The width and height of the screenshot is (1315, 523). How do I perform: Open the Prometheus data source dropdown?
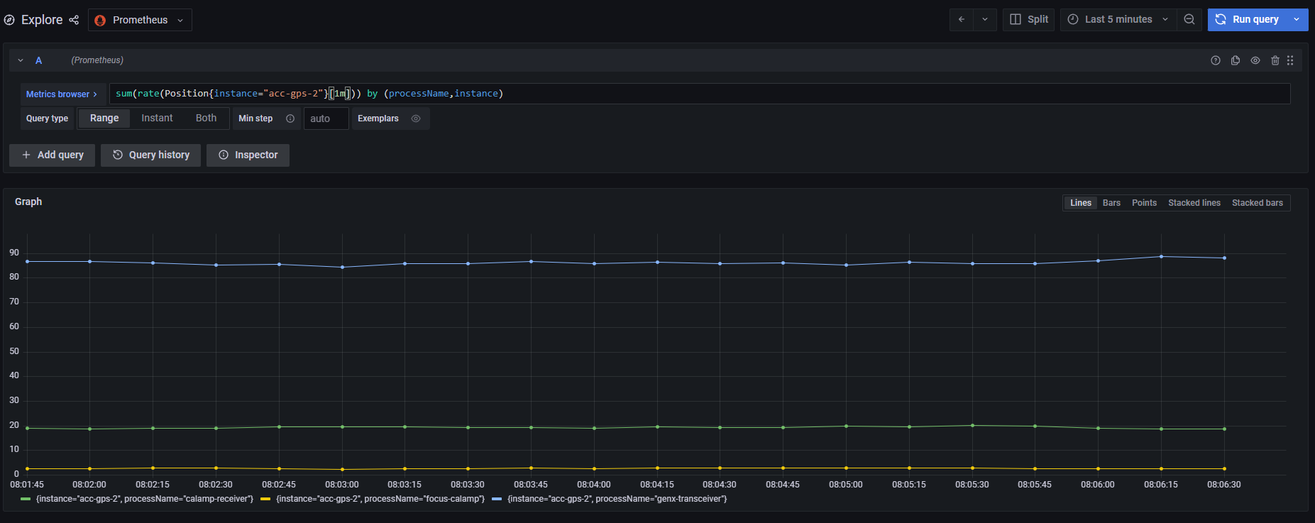point(140,20)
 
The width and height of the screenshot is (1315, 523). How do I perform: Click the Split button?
point(1028,19)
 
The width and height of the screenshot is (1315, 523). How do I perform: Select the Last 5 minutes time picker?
point(1118,19)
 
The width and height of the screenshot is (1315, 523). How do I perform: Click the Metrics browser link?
point(61,94)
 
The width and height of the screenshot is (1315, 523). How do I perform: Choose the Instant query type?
point(157,118)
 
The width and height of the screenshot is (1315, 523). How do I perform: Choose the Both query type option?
point(206,118)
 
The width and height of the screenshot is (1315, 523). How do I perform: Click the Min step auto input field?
point(326,119)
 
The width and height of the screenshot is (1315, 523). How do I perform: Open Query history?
point(150,155)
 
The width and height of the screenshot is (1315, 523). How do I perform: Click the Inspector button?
point(248,155)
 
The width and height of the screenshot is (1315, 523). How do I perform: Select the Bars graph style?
point(1111,203)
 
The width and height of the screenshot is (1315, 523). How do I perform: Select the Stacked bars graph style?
point(1257,203)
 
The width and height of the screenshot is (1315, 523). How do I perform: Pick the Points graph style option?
point(1144,203)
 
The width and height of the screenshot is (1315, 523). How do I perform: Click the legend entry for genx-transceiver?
point(616,499)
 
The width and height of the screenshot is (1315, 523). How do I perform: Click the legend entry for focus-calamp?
point(380,499)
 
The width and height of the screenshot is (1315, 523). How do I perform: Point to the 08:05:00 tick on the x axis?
point(846,485)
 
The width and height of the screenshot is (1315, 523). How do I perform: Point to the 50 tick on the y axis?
point(14,351)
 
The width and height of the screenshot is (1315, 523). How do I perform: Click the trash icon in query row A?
point(1275,60)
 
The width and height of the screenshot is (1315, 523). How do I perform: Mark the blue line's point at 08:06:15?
point(1161,256)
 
